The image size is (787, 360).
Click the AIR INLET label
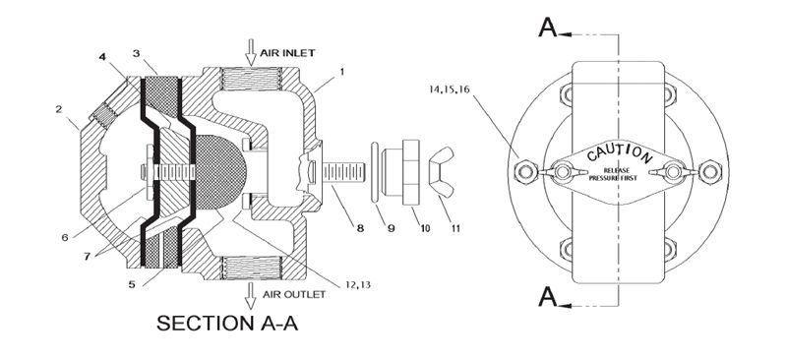[289, 51]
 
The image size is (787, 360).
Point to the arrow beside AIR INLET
[251, 49]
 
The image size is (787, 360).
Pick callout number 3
[139, 51]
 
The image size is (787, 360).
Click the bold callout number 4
[102, 57]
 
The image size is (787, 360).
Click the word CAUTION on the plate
[619, 154]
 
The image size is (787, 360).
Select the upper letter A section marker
[548, 28]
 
